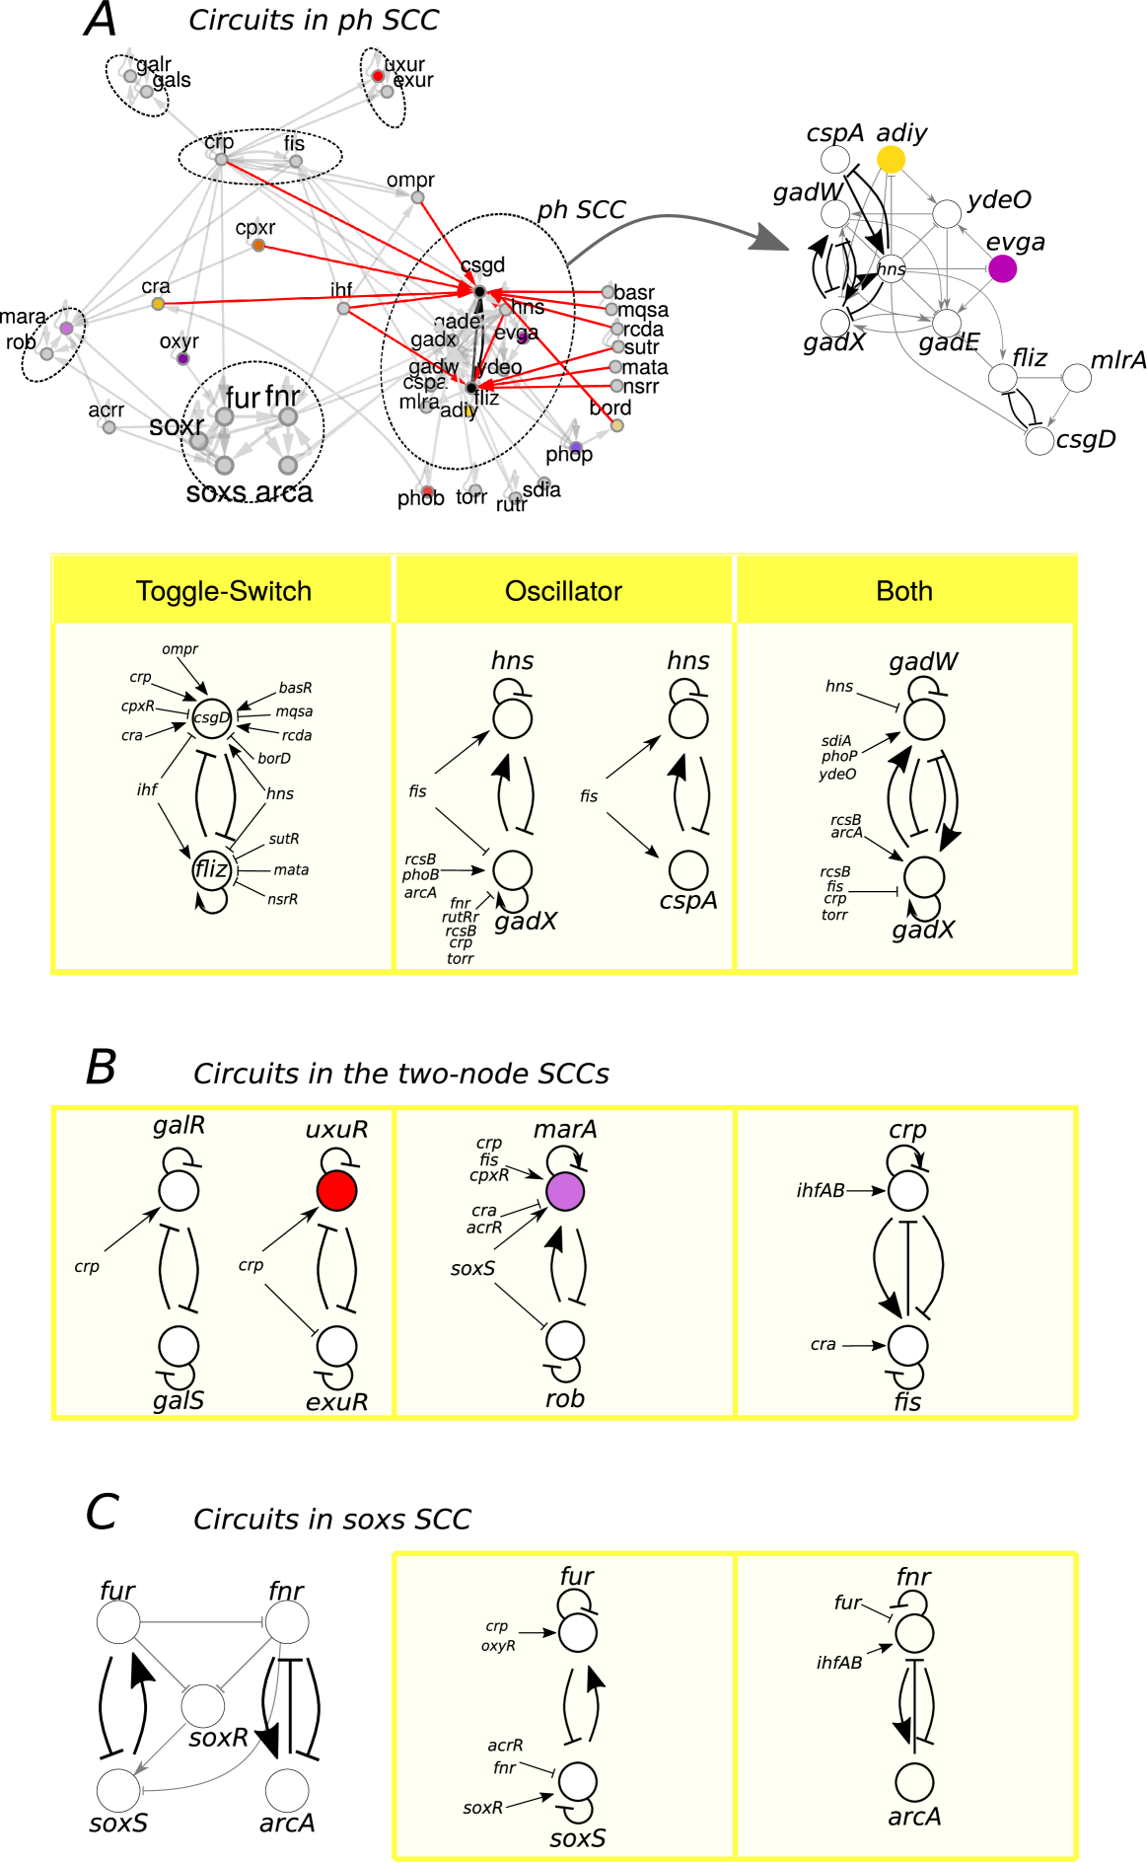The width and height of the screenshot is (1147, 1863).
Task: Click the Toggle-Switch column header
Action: tap(224, 591)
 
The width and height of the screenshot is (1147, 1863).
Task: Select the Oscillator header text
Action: tap(563, 591)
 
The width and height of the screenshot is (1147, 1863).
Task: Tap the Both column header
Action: tap(903, 591)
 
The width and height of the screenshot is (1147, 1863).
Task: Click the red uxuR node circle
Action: tap(336, 1191)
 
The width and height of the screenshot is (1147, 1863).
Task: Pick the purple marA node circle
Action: tap(565, 1191)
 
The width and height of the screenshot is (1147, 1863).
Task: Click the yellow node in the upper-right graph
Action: tap(891, 159)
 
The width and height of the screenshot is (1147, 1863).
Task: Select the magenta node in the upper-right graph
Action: tap(1002, 268)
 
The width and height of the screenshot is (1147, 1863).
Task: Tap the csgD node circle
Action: tap(211, 718)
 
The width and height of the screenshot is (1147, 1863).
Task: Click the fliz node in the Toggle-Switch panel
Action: tap(211, 869)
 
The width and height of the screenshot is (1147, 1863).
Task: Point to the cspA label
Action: tap(688, 901)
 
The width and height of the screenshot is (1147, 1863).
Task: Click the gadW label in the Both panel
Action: tap(923, 661)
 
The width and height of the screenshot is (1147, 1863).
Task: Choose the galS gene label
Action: tap(179, 1400)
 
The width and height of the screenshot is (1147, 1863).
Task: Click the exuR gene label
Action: tap(336, 1401)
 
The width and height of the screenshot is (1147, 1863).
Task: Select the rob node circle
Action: tap(565, 1341)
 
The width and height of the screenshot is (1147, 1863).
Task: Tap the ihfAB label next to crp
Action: tap(821, 1191)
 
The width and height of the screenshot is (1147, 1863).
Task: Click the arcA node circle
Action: tap(914, 1782)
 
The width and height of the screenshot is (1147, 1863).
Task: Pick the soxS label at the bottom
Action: tap(577, 1838)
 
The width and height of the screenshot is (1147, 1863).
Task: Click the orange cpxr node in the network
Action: tap(258, 245)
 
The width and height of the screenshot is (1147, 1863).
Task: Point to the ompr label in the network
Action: tap(410, 180)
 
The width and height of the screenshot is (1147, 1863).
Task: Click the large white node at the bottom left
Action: tap(203, 1706)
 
